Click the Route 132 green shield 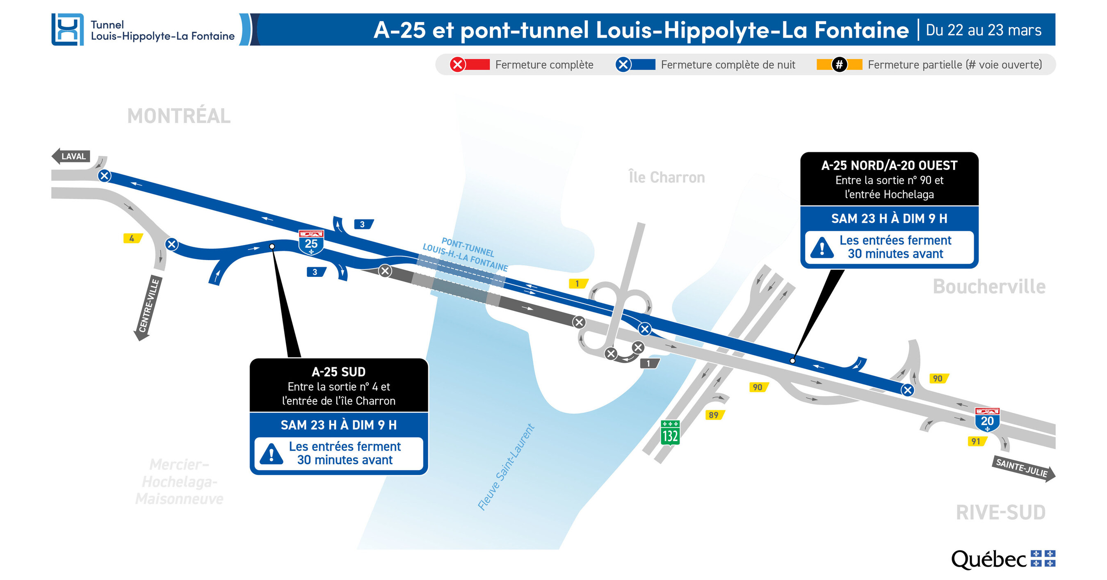pos(669,433)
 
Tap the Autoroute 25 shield pos(311,242)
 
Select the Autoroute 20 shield pos(987,419)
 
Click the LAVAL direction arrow pos(71,156)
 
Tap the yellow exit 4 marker pos(132,238)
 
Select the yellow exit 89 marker pos(714,415)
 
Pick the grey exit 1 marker pos(649,363)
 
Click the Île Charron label pos(666,177)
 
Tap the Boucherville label pos(989,287)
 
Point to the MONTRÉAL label pos(179,116)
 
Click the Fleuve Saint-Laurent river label pos(506,468)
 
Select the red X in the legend pos(458,65)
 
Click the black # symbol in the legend pos(839,65)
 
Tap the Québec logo pos(1003,559)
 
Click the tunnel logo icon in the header pos(67,30)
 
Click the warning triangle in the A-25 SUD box pos(271,454)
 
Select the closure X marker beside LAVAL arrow pos(105,176)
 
